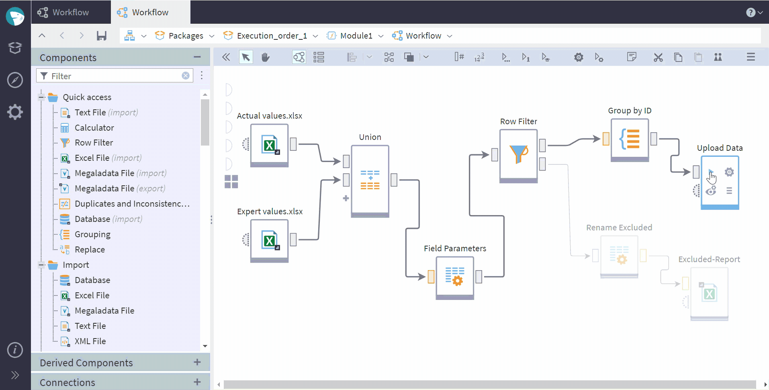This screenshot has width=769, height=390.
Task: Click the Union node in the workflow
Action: click(370, 181)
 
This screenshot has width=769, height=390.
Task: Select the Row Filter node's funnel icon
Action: click(519, 154)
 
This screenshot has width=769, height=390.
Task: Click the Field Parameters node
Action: click(455, 278)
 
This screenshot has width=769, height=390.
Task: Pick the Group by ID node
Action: click(630, 140)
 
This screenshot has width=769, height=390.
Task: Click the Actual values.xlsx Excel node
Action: click(269, 145)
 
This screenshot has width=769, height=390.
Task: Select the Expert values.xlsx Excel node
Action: click(269, 241)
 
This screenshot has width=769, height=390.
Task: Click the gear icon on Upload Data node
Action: click(729, 172)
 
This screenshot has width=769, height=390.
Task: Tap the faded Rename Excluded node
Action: click(619, 257)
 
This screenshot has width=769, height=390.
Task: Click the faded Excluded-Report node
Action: click(709, 294)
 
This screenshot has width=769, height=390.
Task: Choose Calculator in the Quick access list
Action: click(94, 128)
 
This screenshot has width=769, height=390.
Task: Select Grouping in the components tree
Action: click(92, 234)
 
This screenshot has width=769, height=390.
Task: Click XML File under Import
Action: click(90, 341)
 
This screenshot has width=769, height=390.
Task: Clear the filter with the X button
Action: click(186, 76)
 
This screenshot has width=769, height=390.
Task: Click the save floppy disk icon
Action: click(102, 36)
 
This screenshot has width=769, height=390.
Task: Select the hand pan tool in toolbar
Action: click(265, 57)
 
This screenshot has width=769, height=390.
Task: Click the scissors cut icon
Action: click(658, 57)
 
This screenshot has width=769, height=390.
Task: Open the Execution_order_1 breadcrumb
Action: click(272, 36)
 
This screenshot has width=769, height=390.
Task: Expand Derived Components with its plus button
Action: click(197, 362)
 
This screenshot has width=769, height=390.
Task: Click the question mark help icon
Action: click(751, 12)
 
